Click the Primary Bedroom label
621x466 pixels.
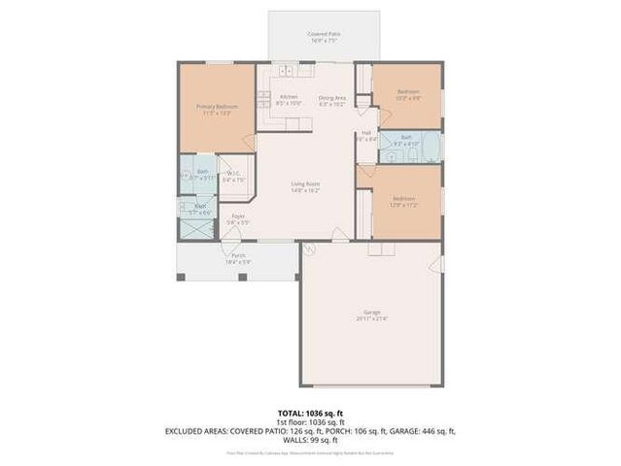(x=217, y=106)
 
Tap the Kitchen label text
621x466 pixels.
(x=289, y=96)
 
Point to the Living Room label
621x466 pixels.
(x=306, y=183)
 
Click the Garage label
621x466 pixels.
(x=372, y=312)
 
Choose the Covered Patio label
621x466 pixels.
(x=324, y=34)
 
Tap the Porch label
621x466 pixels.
(x=238, y=255)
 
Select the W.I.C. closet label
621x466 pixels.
(x=234, y=175)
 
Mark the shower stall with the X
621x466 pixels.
(x=197, y=229)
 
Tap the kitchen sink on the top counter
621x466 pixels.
(x=287, y=70)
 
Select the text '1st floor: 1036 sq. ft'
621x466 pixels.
(x=310, y=422)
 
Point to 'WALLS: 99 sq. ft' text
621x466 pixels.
(x=310, y=440)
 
